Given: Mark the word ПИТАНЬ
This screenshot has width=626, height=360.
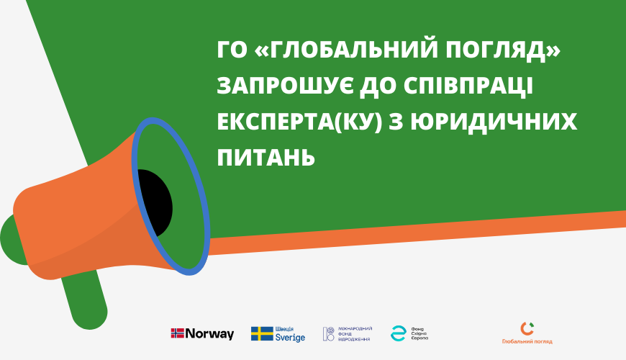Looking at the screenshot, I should point(266,156).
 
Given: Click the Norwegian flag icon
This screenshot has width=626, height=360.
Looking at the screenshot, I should point(177,333).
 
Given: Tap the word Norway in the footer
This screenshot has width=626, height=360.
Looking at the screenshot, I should point(209,334).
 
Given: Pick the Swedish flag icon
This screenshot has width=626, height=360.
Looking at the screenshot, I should point(262,333).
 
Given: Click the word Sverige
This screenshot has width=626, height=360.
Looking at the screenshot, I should point(291,338).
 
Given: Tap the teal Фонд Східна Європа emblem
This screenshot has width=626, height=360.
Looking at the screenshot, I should point(398,333).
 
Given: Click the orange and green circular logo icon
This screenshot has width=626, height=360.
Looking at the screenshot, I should point(527,328).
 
